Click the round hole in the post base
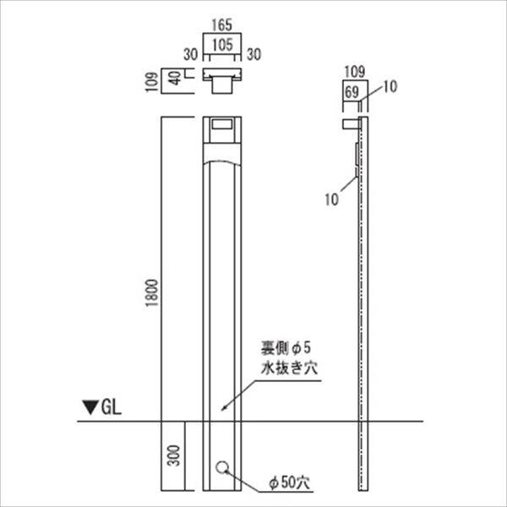[221, 467]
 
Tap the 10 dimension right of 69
[389, 85]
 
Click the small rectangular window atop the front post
[221, 125]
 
